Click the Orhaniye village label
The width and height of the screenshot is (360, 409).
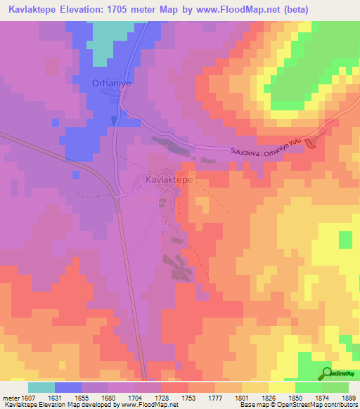point(112,84)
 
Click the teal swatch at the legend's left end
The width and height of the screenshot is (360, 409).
point(41,387)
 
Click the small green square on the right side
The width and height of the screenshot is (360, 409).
point(345,240)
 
